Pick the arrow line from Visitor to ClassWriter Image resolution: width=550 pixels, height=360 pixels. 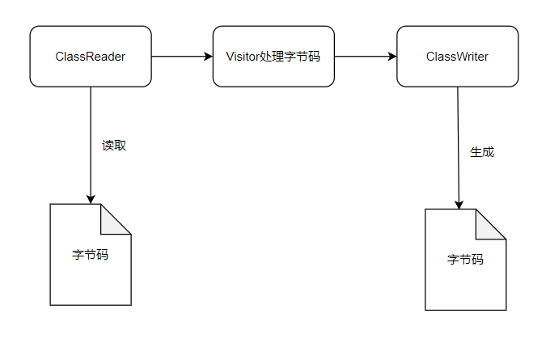pyautogui.click(x=364, y=57)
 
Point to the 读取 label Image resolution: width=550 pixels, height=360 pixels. pyautogui.click(x=114, y=146)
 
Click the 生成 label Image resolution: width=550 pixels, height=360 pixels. pyautogui.click(x=482, y=151)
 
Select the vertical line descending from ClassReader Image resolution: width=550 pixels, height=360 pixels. pyautogui.click(x=91, y=138)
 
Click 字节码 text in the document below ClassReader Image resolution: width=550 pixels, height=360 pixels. pyautogui.click(x=91, y=254)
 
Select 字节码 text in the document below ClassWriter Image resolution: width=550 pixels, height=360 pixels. pyautogui.click(x=465, y=260)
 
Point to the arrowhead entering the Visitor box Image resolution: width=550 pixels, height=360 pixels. pyautogui.click(x=208, y=57)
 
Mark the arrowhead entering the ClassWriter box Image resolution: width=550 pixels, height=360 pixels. pyautogui.click(x=391, y=57)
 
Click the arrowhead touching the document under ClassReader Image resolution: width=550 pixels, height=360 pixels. pyautogui.click(x=91, y=199)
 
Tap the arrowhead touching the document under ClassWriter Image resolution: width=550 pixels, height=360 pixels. pyautogui.click(x=460, y=204)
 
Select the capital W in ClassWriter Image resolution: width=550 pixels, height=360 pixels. pyautogui.click(x=456, y=57)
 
